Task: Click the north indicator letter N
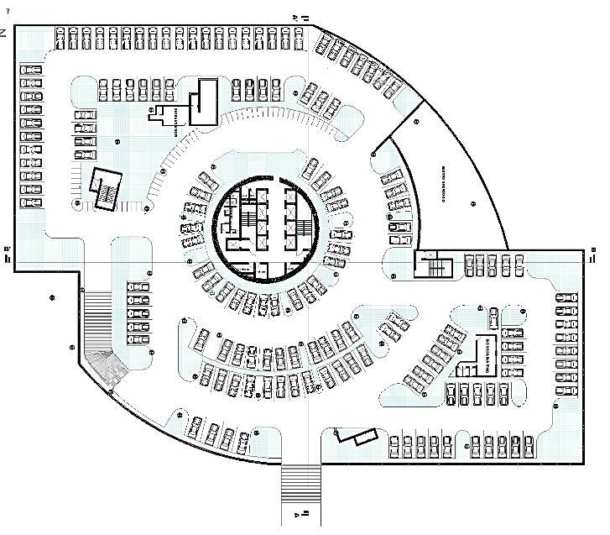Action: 4,31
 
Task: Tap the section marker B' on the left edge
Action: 8,254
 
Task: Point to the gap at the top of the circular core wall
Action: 266,180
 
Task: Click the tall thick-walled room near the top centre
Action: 202,102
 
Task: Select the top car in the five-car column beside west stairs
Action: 138,288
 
